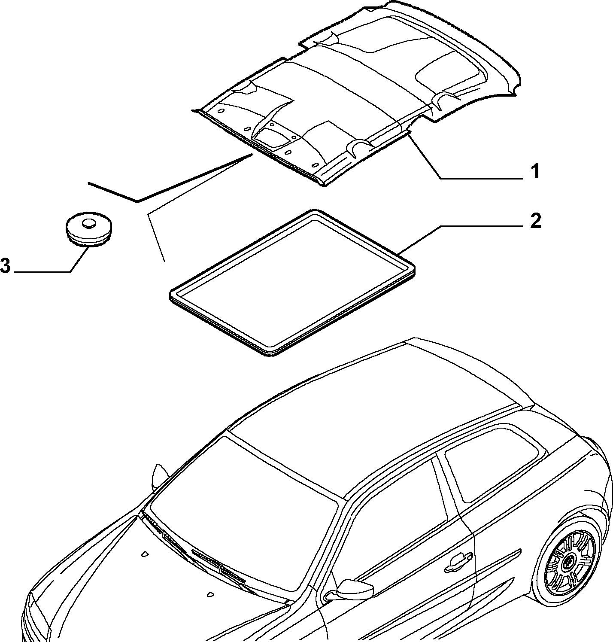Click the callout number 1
(x=534, y=172)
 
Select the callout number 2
(x=535, y=221)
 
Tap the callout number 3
(x=5, y=266)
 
